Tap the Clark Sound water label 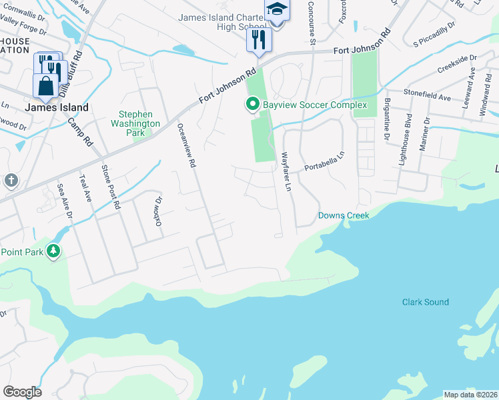click(x=425, y=302)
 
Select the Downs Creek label click(x=343, y=215)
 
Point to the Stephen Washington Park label click(x=135, y=123)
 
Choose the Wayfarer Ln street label click(x=286, y=173)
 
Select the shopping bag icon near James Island click(x=45, y=86)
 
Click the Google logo click(x=22, y=392)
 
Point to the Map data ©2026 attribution click(x=470, y=395)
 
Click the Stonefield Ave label click(x=427, y=97)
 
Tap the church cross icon click(x=11, y=180)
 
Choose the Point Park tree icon click(x=54, y=251)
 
